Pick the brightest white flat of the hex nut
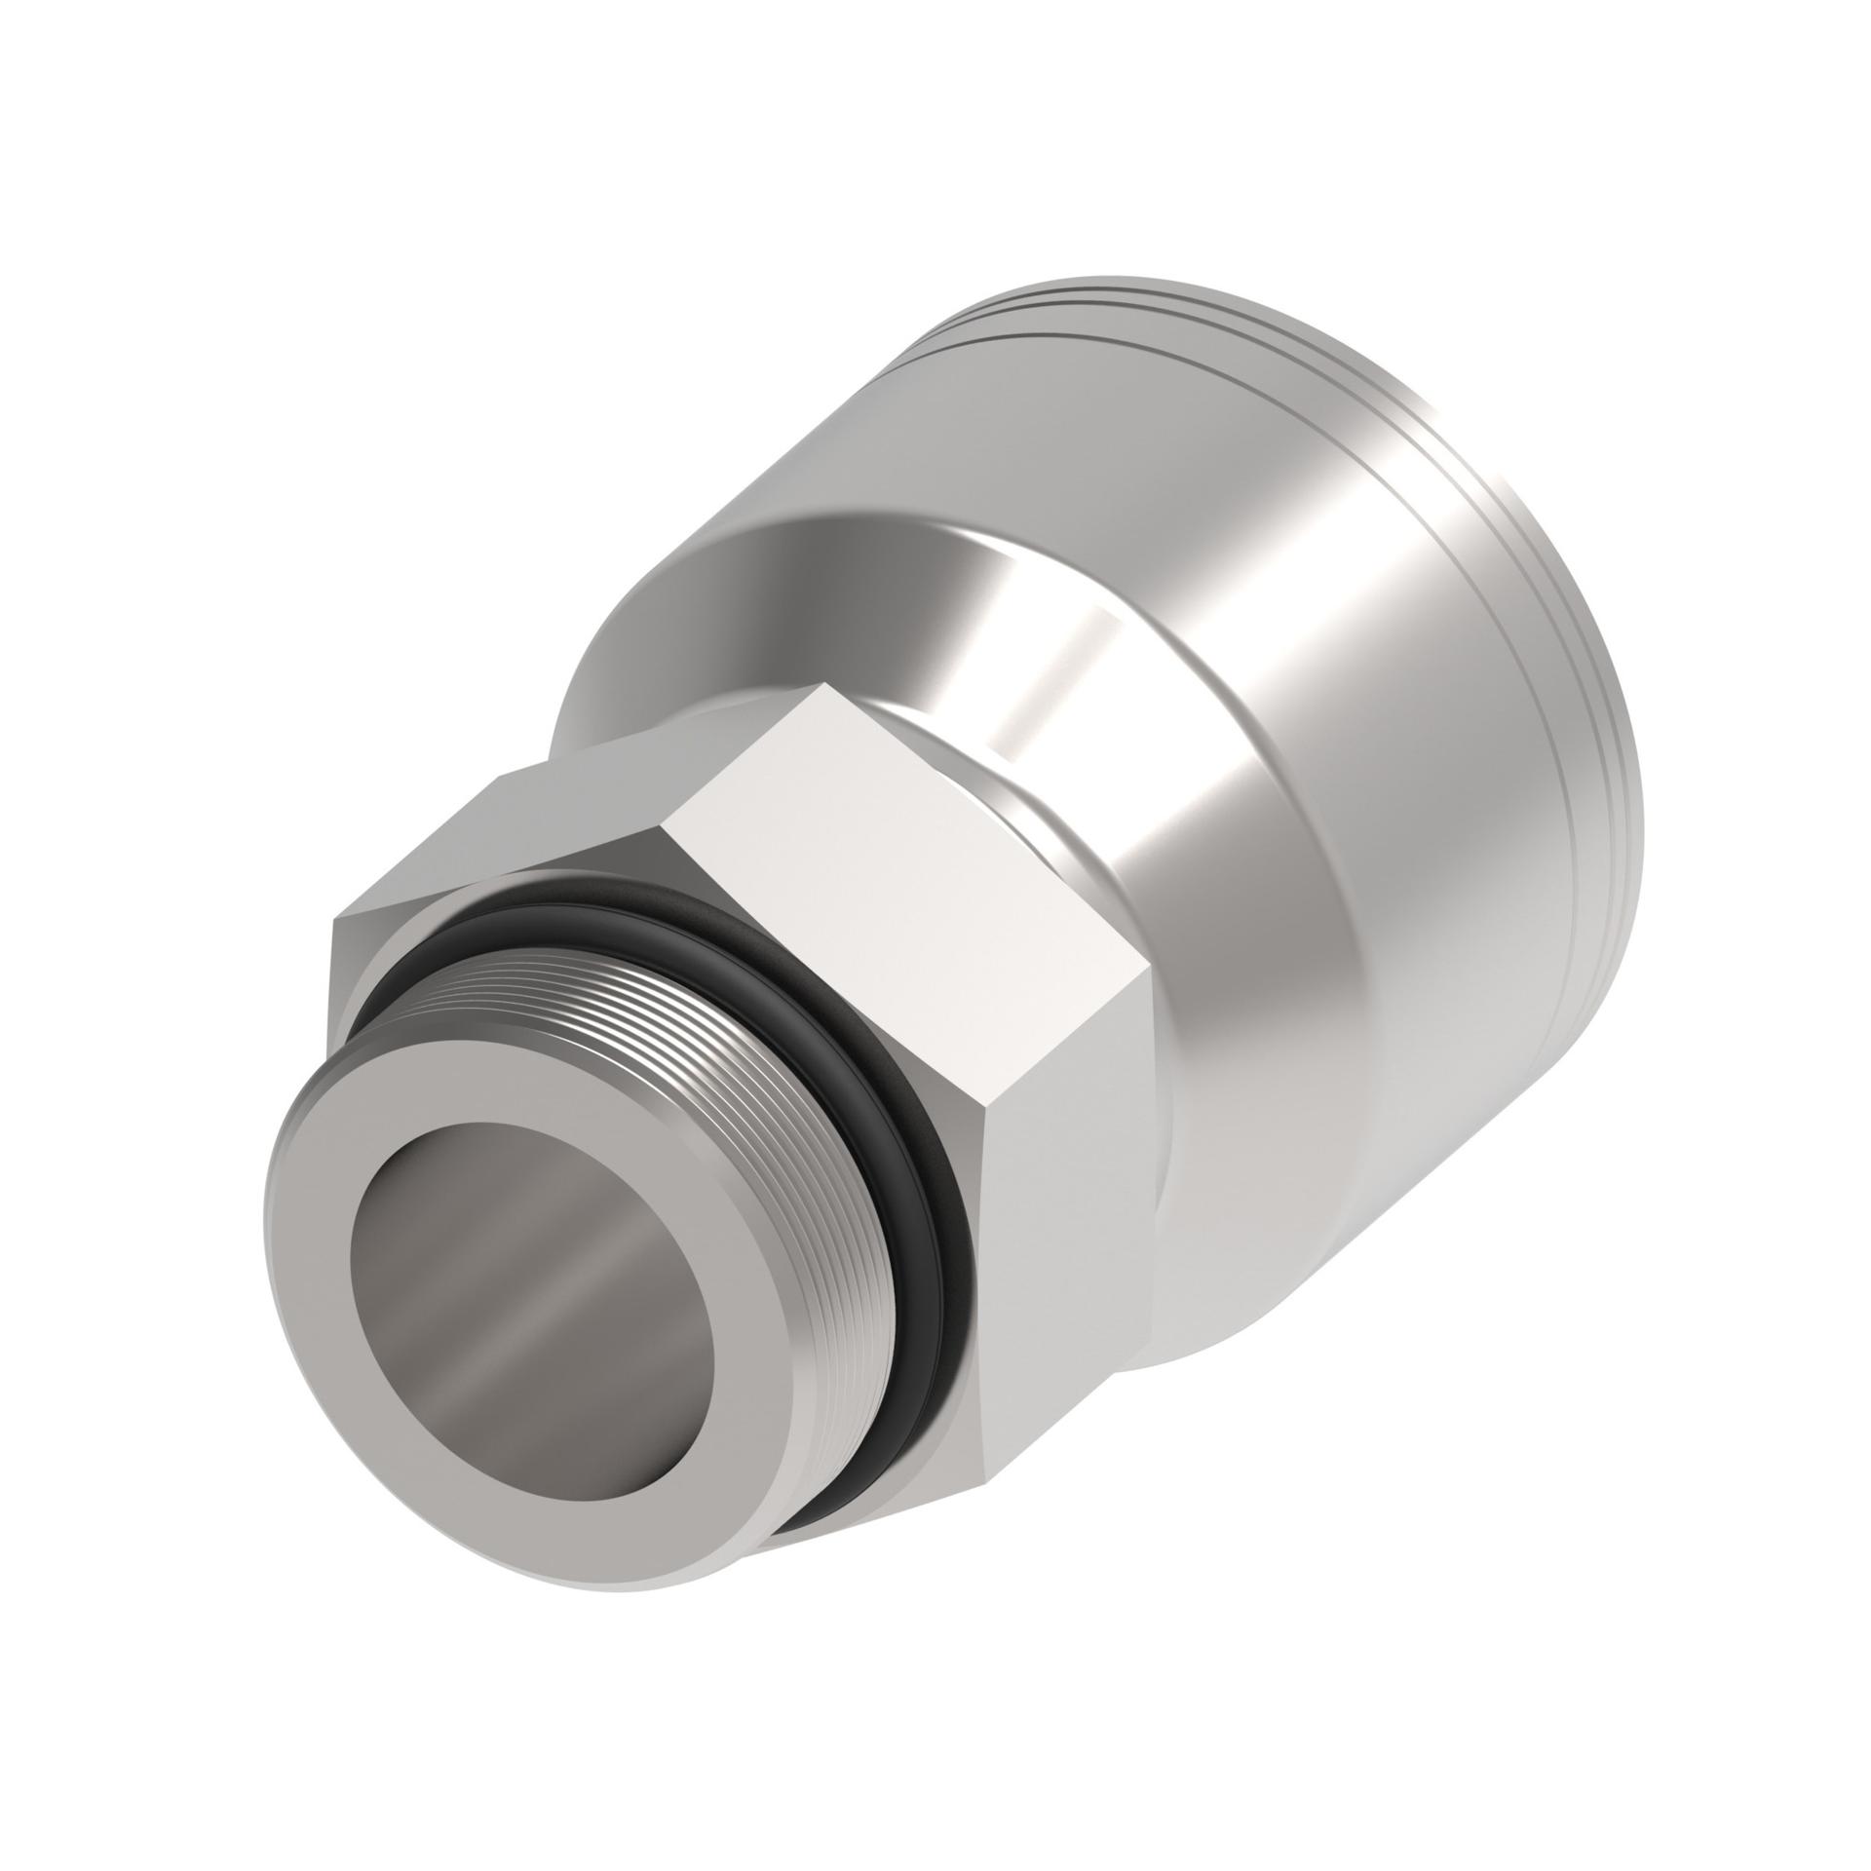point(906,838)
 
